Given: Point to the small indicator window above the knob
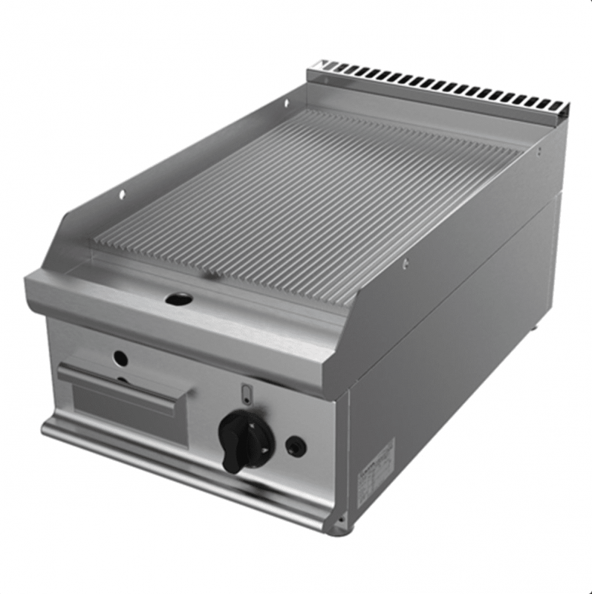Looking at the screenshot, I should coord(248,392).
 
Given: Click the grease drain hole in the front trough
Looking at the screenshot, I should coord(178,298).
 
